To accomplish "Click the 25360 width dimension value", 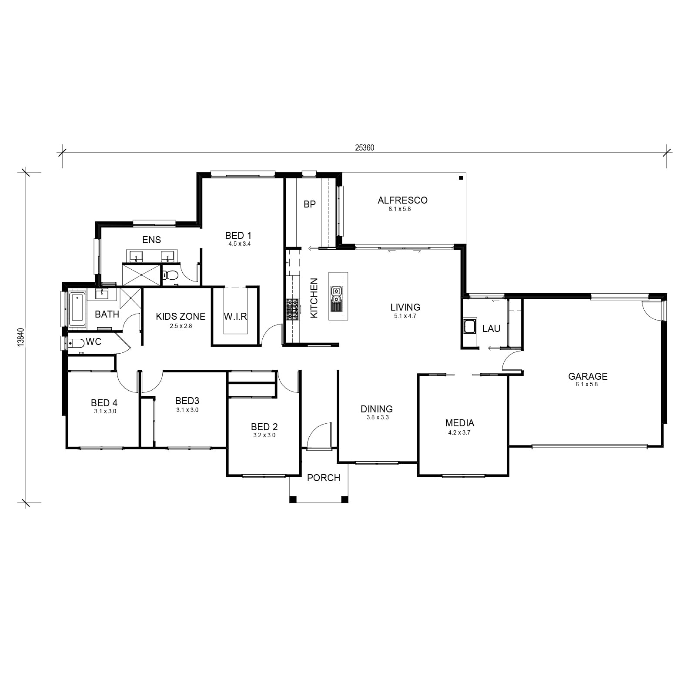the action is [365, 147].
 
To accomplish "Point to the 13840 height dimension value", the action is [20, 337].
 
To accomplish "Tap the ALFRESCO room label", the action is [402, 201].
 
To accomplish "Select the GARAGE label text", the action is [588, 376].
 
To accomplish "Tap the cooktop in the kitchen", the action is [292, 309].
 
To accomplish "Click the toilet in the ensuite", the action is [170, 275].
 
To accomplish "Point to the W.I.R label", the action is [235, 316].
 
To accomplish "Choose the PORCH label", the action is [324, 478].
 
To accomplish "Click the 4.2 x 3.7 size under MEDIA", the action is [459, 432].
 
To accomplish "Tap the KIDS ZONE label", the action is [181, 316].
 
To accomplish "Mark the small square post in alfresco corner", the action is [460, 177].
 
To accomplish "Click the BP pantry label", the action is [309, 204].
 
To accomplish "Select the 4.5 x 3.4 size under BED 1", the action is [240, 244].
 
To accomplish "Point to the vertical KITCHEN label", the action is [314, 298].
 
